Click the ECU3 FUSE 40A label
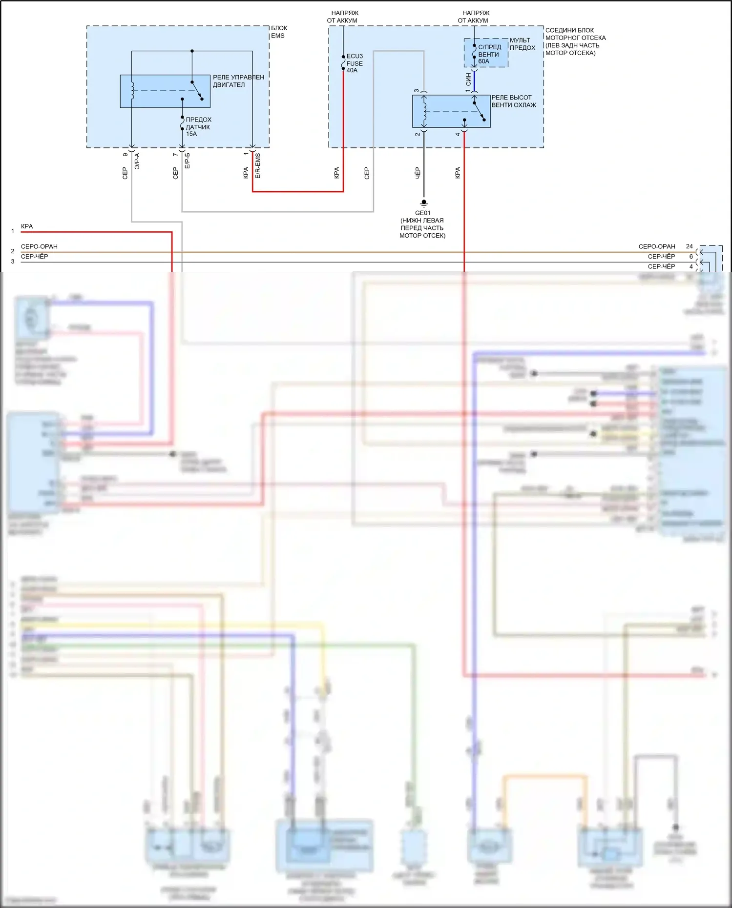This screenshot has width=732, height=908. [354, 63]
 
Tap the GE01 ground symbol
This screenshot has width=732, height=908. [424, 202]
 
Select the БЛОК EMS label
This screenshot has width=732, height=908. [279, 32]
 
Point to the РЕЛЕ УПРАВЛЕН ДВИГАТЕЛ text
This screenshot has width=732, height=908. [238, 81]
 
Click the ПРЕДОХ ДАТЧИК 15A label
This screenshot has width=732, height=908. [198, 126]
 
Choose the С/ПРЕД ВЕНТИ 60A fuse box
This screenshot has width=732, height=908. [486, 53]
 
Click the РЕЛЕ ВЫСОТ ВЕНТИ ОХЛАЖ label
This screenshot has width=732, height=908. [513, 101]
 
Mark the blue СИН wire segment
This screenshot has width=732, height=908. [474, 81]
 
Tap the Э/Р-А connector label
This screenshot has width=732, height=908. [137, 161]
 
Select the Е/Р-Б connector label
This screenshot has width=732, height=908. [188, 161]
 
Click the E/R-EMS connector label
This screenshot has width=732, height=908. [258, 165]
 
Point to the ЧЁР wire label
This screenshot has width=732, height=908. [418, 173]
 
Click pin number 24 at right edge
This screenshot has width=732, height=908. [689, 246]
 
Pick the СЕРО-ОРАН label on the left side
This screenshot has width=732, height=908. [39, 246]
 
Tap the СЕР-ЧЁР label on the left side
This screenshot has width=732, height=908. [34, 257]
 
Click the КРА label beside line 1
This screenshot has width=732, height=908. [27, 226]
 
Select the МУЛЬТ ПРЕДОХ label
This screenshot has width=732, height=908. [522, 44]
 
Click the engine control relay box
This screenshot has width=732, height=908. [165, 91]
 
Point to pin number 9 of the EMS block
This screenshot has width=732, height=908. [125, 155]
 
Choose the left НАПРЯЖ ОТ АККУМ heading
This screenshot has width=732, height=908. [343, 17]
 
